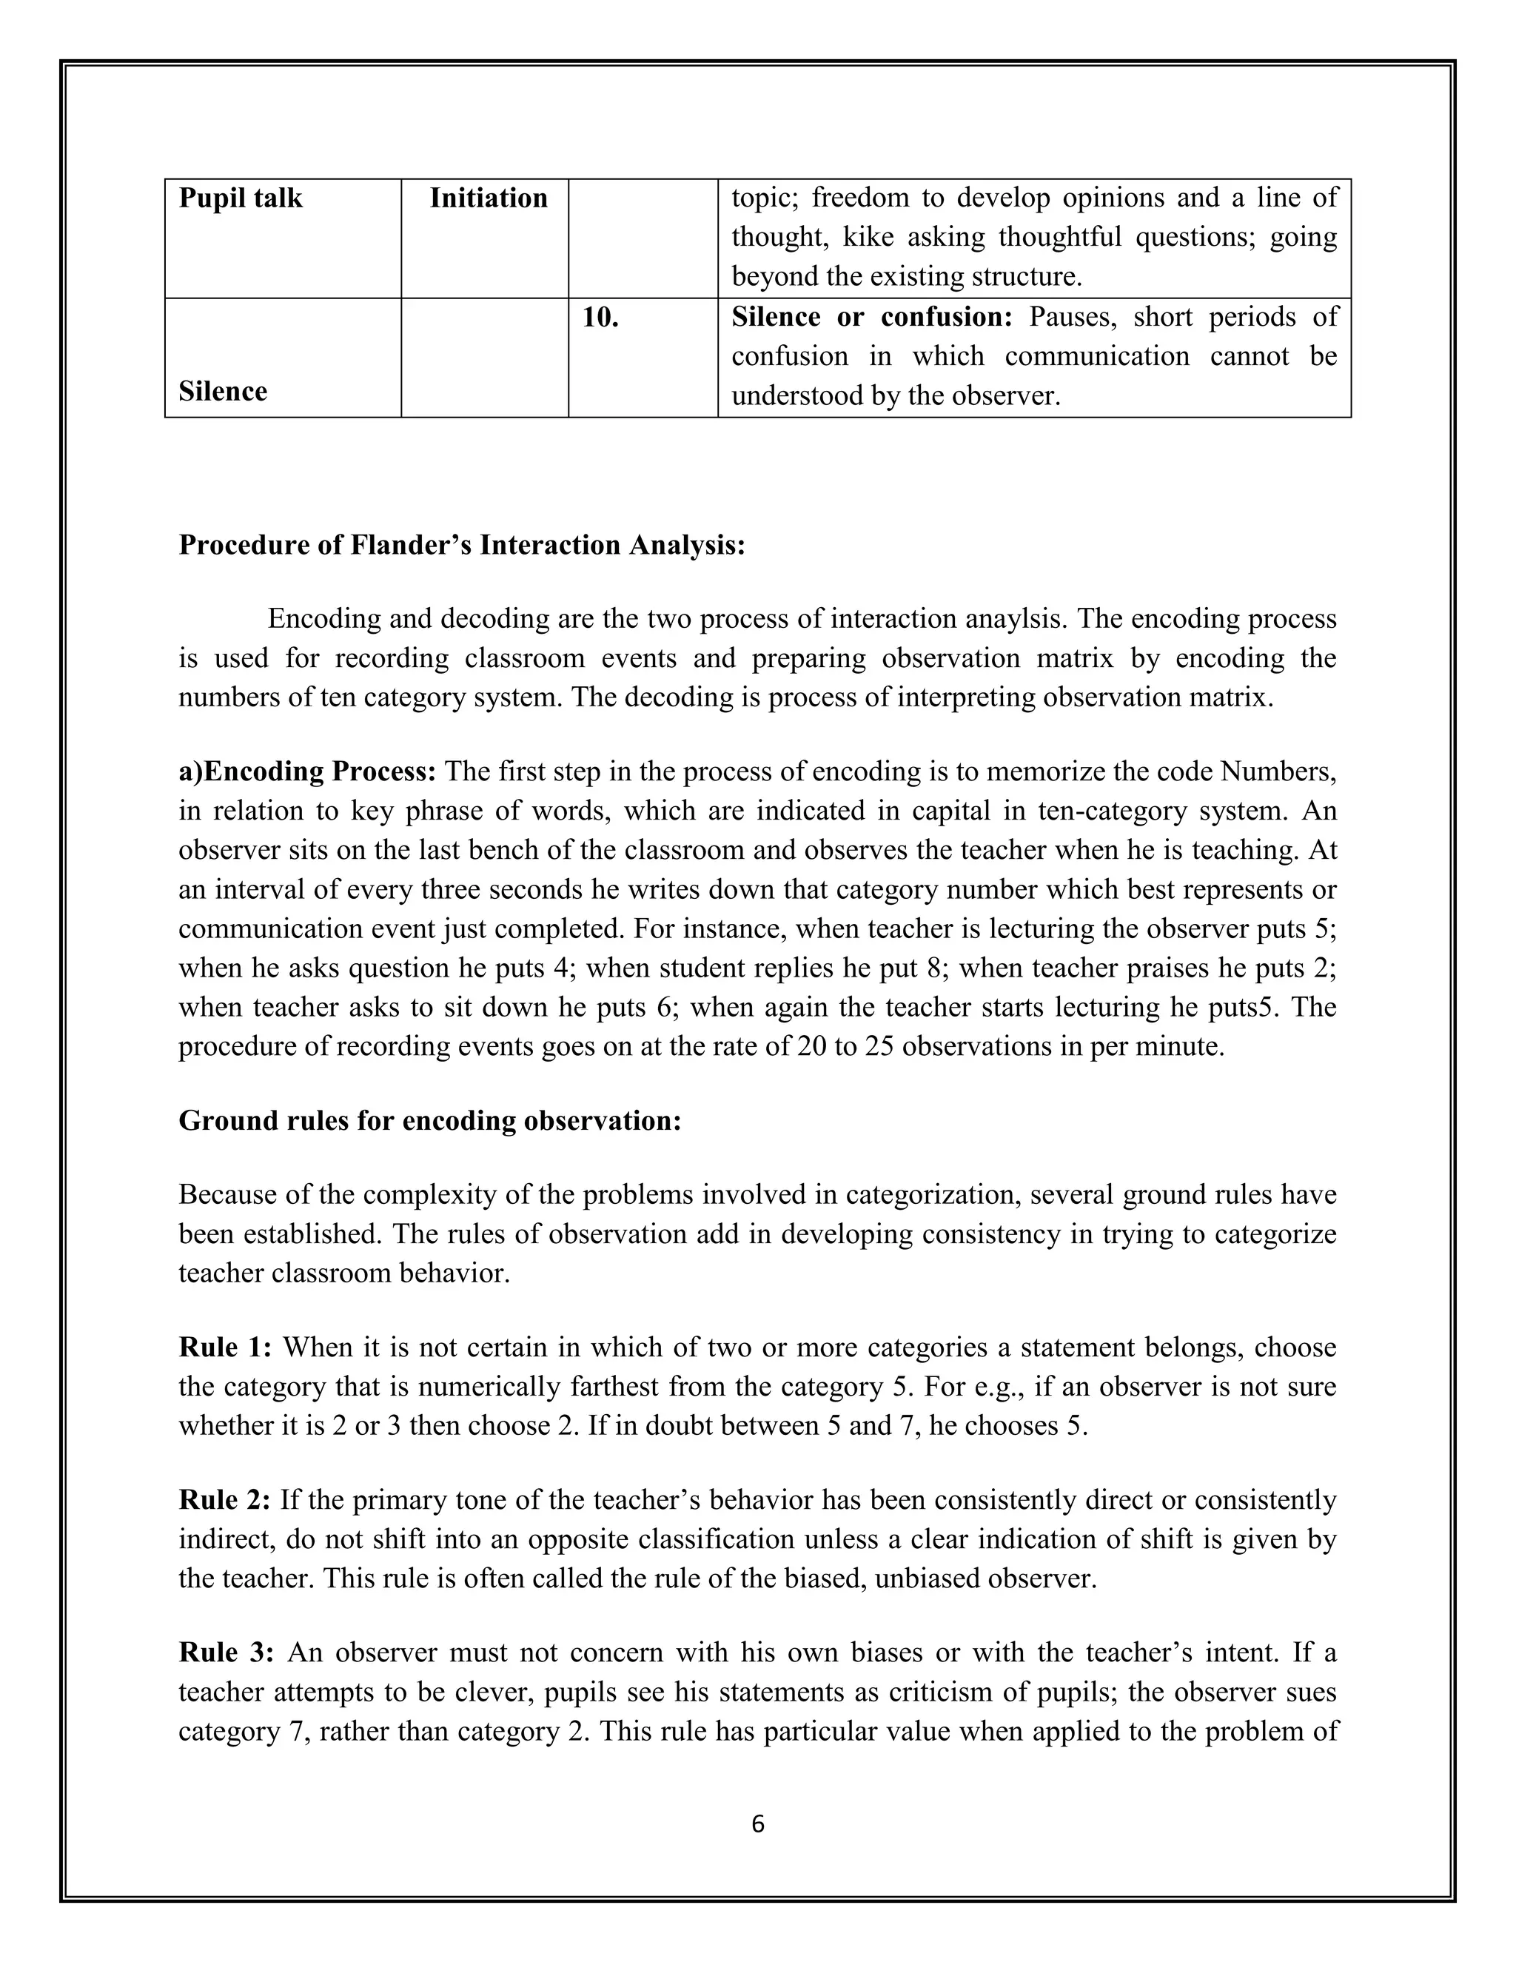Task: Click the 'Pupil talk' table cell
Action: [241, 198]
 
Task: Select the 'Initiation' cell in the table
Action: [488, 198]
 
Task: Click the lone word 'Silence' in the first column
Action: [223, 392]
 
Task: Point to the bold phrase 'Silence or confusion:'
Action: [871, 317]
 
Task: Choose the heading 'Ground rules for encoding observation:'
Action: [429, 1120]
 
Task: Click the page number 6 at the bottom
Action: [757, 1824]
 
